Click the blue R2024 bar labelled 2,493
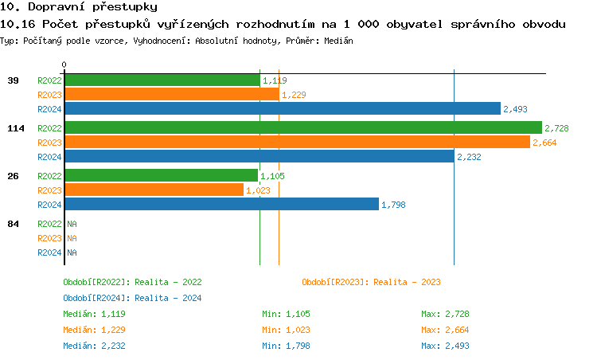pyautogui.click(x=282, y=109)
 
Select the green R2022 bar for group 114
pyautogui.click(x=302, y=127)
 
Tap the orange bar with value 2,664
pyautogui.click(x=296, y=142)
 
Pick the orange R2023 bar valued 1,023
pyautogui.click(x=154, y=190)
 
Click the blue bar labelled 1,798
pyautogui.click(x=221, y=205)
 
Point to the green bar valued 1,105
pyautogui.click(x=161, y=175)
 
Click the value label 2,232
pyautogui.click(x=469, y=157)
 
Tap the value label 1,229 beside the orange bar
pyautogui.click(x=294, y=95)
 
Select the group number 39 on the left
pyautogui.click(x=14, y=80)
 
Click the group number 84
pyautogui.click(x=14, y=224)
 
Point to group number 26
pyautogui.click(x=14, y=176)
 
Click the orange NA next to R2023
pyautogui.click(x=72, y=238)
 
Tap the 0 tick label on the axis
pyautogui.click(x=64, y=65)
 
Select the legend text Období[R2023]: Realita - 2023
pyautogui.click(x=371, y=282)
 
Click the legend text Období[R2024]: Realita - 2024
pyautogui.click(x=132, y=298)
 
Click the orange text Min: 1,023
pyautogui.click(x=286, y=330)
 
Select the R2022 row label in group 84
pyautogui.click(x=49, y=224)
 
